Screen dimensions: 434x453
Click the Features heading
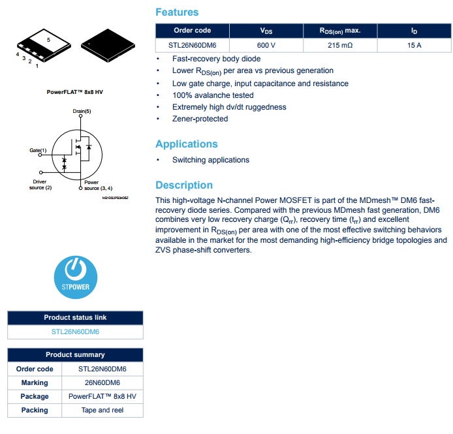pos(177,12)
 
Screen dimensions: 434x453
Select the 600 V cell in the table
pos(266,45)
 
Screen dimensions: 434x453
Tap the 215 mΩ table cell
pos(340,45)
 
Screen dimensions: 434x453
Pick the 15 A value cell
pos(414,45)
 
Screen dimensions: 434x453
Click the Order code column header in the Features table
pos(193,31)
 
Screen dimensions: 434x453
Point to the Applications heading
pos(186,144)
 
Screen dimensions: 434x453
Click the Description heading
pos(184,185)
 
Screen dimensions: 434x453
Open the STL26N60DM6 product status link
pos(75,332)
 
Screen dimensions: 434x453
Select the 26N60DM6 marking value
pos(102,382)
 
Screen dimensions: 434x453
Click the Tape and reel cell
pos(102,410)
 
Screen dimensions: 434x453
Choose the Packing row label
pos(35,410)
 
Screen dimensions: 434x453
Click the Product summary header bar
pos(75,355)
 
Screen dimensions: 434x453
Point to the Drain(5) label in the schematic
pos(82,112)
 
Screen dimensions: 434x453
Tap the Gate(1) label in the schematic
pos(39,150)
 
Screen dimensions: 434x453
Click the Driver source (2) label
pos(40,185)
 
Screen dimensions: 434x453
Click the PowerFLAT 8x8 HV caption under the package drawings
pos(75,92)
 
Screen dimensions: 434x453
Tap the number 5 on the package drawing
pos(48,40)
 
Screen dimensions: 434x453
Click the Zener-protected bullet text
pos(200,119)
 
